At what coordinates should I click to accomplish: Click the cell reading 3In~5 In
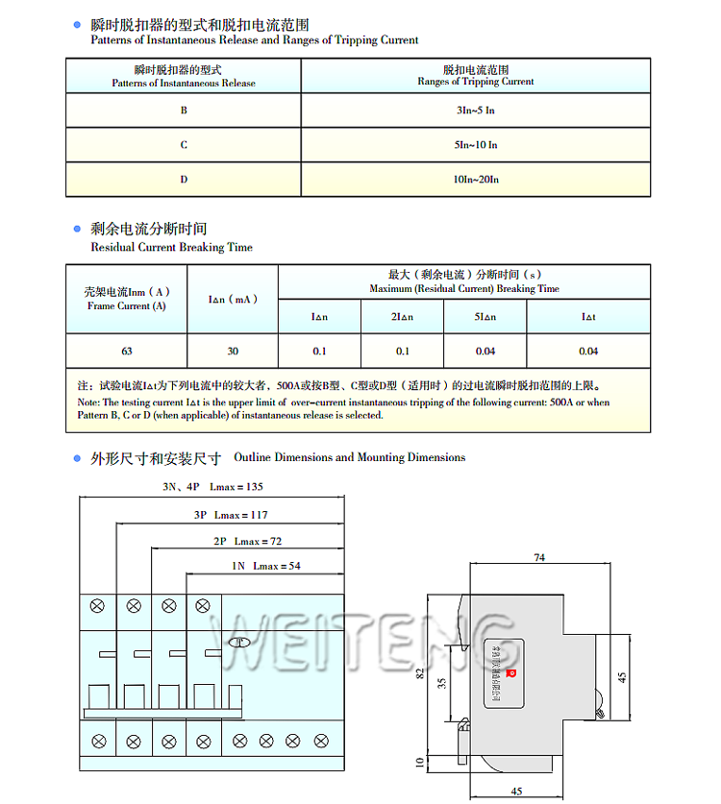[475, 110]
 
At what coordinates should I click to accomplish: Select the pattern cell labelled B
[184, 110]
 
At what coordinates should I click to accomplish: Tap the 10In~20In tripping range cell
[475, 180]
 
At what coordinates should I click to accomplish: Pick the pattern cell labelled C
[184, 145]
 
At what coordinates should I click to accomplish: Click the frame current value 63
[127, 352]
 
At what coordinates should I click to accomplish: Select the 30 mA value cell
[233, 352]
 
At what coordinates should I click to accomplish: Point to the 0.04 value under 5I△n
[485, 352]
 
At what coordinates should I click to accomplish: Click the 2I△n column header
[402, 317]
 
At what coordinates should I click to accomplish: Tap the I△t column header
[588, 317]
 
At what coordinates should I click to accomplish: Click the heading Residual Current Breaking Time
[171, 248]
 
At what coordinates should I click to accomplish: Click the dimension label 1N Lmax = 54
[265, 566]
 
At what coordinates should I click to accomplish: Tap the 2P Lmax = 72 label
[247, 541]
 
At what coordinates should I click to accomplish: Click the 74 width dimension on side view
[539, 557]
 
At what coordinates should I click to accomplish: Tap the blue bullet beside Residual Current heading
[77, 229]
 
